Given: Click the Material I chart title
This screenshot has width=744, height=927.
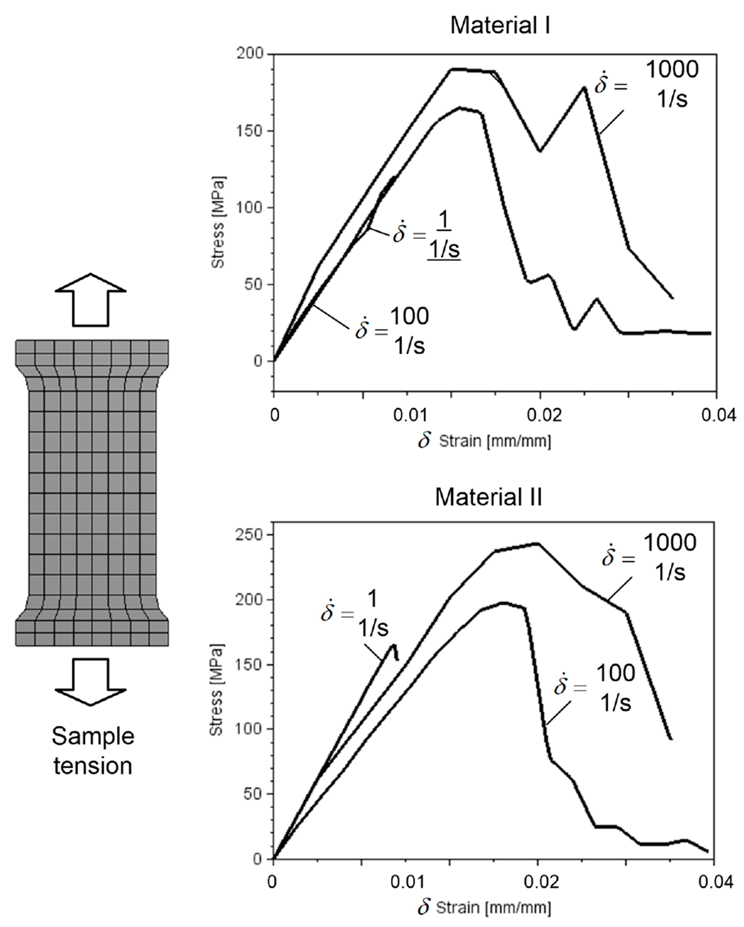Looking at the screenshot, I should pyautogui.click(x=500, y=26).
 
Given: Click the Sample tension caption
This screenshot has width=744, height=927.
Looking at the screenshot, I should pyautogui.click(x=93, y=751).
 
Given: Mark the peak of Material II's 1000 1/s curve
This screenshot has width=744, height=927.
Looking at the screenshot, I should pyautogui.click(x=537, y=544).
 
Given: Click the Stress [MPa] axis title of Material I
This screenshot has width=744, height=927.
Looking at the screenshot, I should pyautogui.click(x=218, y=223).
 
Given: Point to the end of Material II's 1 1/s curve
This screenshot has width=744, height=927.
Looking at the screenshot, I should pyautogui.click(x=398, y=660).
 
